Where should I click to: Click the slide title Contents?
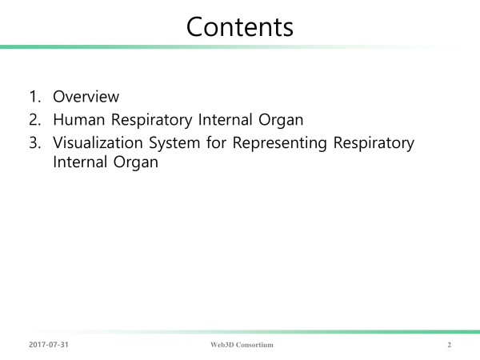(x=240, y=27)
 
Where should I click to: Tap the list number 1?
(x=35, y=97)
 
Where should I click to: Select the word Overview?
(x=86, y=97)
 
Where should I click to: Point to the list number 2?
(x=35, y=119)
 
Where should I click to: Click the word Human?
(x=79, y=119)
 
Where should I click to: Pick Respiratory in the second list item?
(x=151, y=120)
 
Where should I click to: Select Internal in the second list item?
(x=226, y=119)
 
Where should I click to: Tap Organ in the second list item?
(x=281, y=120)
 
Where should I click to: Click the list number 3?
(x=35, y=142)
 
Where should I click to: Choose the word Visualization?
(x=98, y=142)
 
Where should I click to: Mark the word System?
(x=174, y=143)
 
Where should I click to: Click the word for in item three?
(x=216, y=142)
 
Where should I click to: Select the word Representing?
(x=280, y=143)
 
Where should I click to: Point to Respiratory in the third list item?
(x=374, y=143)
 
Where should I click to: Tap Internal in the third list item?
(x=79, y=162)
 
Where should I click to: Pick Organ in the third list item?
(x=136, y=162)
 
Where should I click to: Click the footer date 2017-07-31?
(x=49, y=345)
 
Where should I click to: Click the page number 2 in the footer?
(x=449, y=345)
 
